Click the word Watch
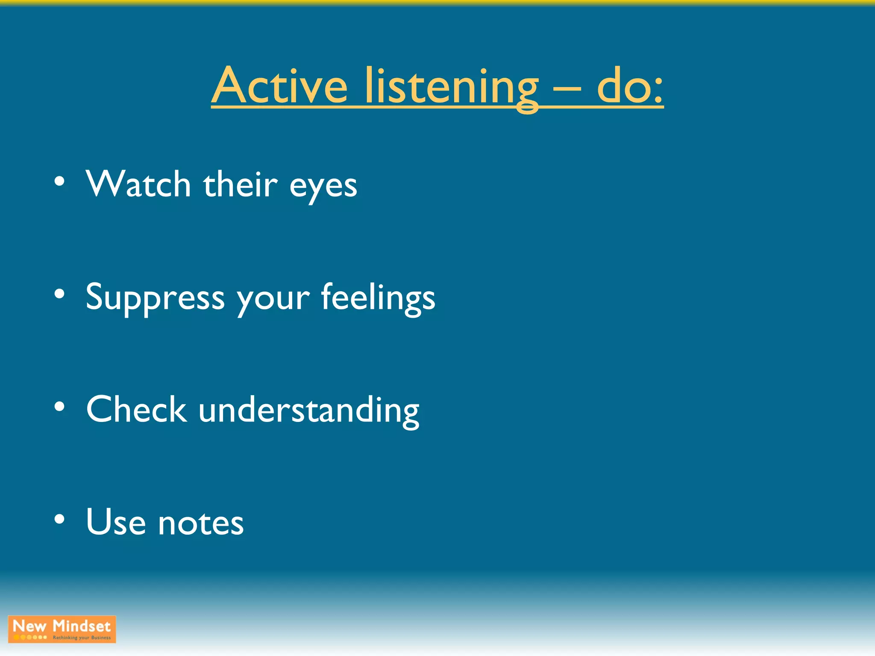point(138,184)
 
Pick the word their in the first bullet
point(240,184)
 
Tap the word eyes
point(323,188)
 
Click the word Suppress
point(155,298)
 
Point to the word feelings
point(378,298)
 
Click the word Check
point(136,409)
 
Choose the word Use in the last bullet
point(116,521)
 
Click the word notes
point(201,524)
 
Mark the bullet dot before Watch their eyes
point(59,181)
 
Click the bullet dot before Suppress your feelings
point(59,294)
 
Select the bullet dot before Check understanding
point(59,407)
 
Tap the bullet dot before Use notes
point(59,519)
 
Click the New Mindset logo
point(62,629)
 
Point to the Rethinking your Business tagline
point(82,638)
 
